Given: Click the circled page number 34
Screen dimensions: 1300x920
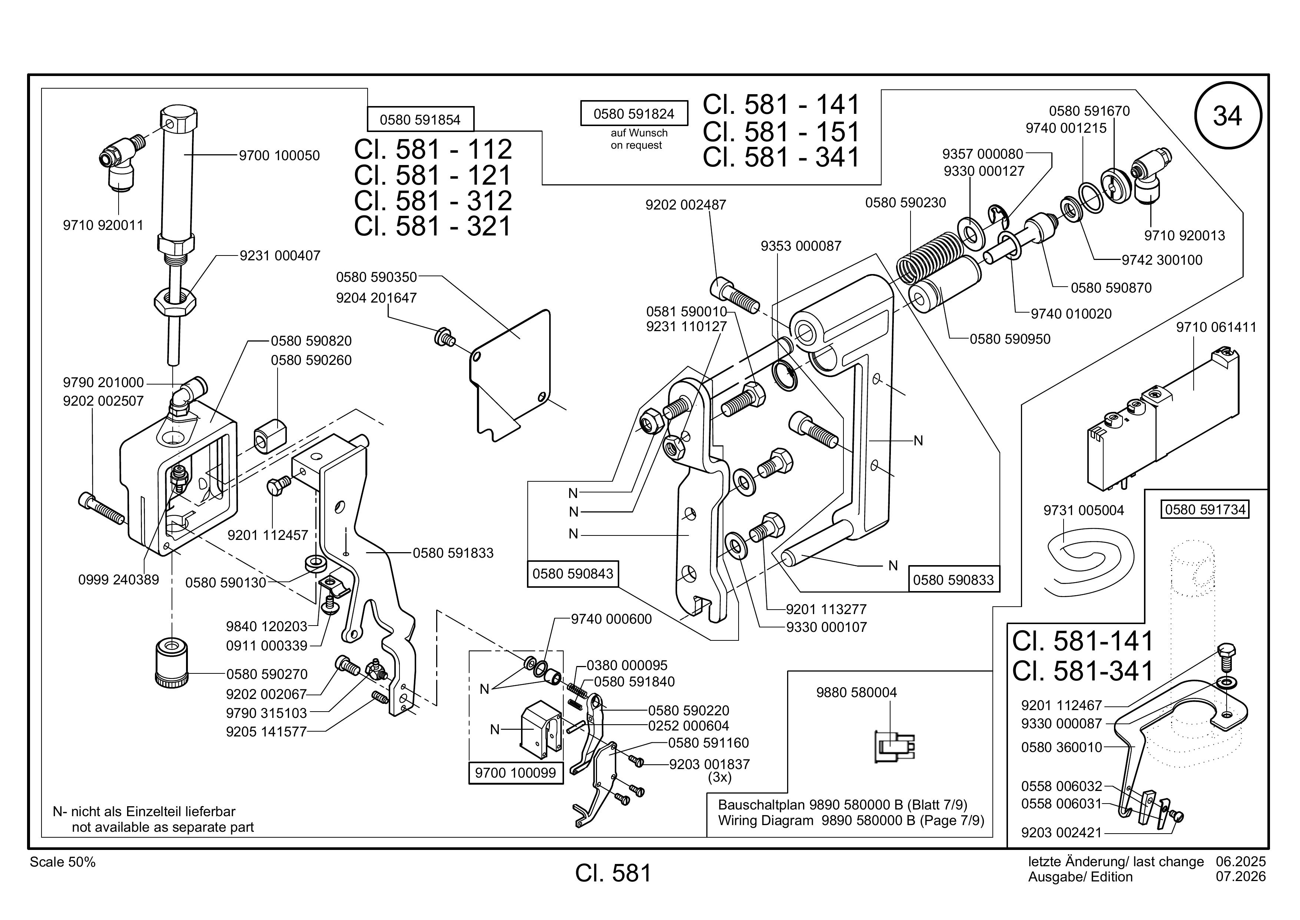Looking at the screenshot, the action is [1227, 116].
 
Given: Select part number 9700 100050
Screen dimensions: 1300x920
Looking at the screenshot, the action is [279, 155].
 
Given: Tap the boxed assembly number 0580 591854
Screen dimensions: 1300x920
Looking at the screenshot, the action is [420, 119].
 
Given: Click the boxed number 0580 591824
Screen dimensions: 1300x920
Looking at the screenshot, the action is [634, 114].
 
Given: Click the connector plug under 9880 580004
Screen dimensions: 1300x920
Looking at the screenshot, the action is [894, 747].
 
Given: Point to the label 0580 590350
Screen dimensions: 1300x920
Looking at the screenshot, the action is [377, 277].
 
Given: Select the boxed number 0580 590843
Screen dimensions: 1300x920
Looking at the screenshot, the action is [573, 574].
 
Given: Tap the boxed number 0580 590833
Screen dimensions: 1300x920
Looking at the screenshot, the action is [954, 580].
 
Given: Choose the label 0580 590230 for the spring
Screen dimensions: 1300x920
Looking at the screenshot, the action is [905, 202].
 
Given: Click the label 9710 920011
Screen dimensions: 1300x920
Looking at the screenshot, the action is [103, 225].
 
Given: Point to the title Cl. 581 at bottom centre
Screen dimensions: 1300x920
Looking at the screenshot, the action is [614, 873].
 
